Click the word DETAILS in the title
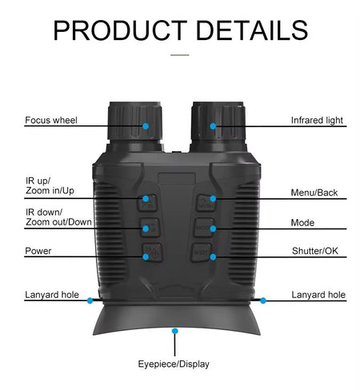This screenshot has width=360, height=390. (252, 30)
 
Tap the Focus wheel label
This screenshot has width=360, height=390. (51, 120)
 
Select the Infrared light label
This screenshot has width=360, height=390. (317, 121)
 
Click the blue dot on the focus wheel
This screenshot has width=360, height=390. (146, 126)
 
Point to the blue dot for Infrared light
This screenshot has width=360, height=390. (213, 126)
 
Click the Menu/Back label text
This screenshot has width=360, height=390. (314, 193)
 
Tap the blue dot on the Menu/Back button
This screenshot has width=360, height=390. (213, 198)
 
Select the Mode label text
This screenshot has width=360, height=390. (302, 223)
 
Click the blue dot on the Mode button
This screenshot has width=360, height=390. (213, 229)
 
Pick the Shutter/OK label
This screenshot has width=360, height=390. (315, 251)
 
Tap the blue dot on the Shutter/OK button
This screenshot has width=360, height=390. (213, 257)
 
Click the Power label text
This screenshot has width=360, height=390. (38, 251)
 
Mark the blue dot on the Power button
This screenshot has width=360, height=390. (146, 257)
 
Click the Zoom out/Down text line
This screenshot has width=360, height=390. (58, 222)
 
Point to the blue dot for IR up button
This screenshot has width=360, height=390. (146, 198)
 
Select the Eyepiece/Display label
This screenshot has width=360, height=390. (174, 364)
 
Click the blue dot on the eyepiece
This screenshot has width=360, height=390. (175, 331)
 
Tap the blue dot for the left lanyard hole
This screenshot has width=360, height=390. (90, 300)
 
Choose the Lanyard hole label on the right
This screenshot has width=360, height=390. (318, 295)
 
